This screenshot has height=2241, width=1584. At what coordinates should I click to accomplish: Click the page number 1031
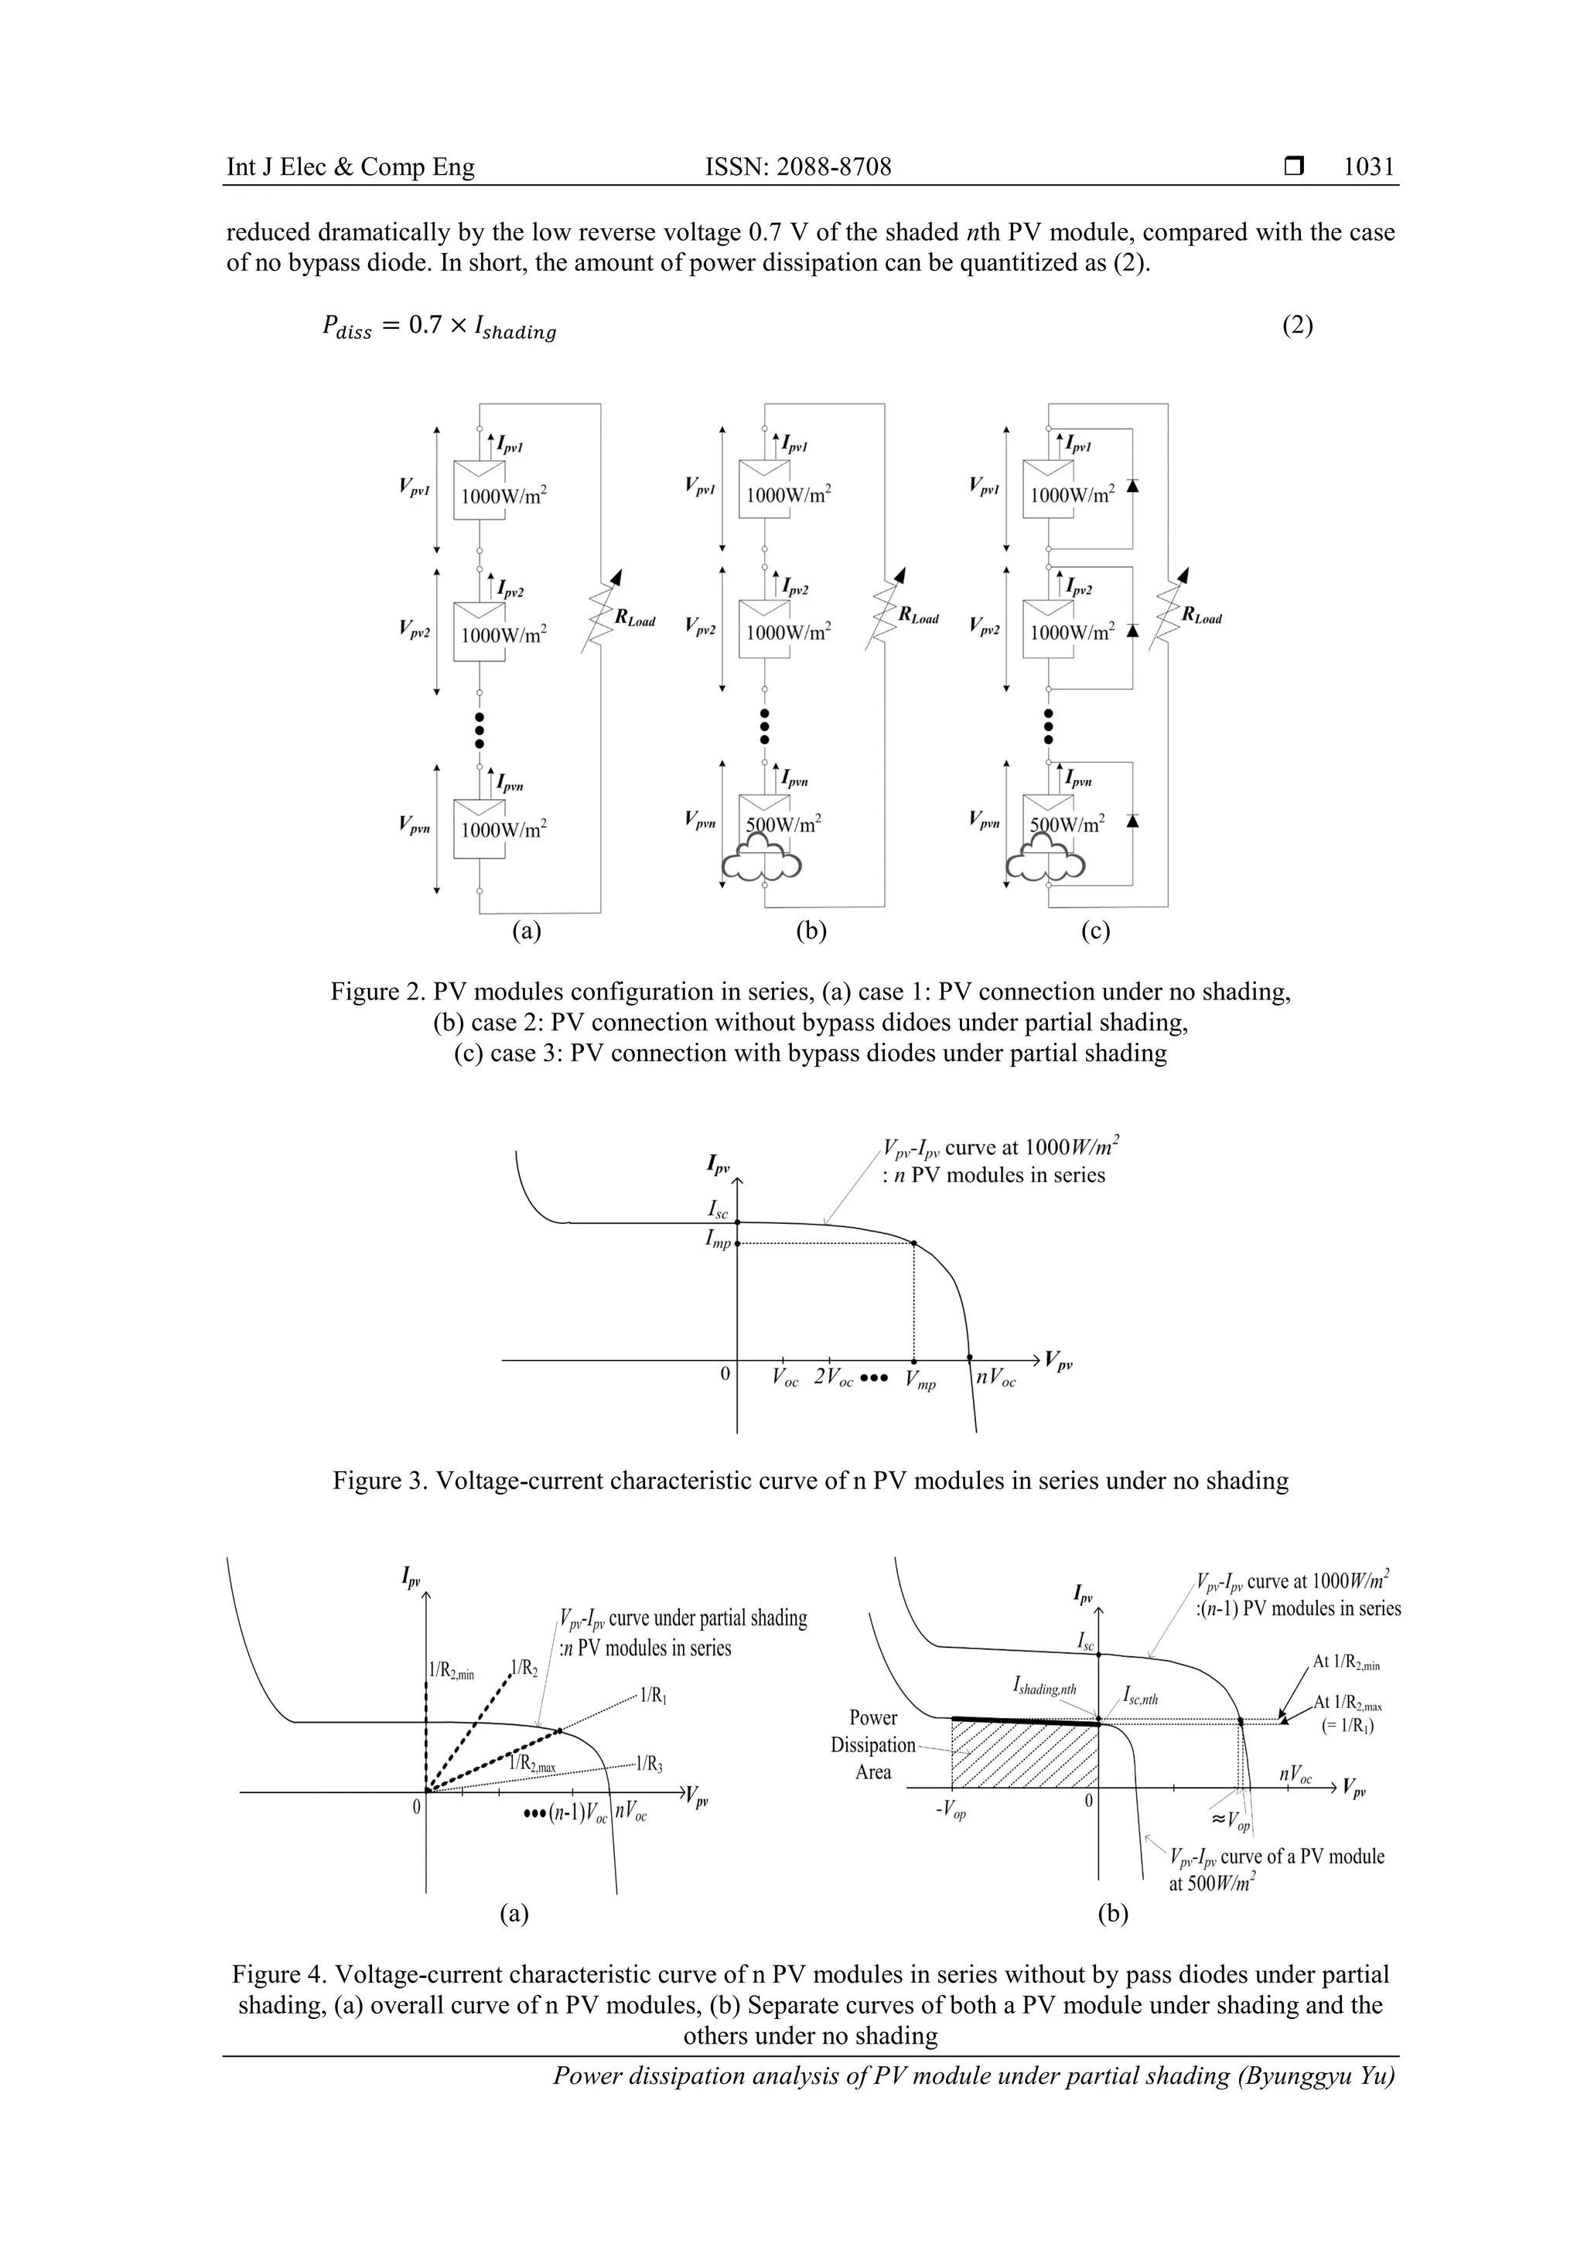pyautogui.click(x=1368, y=167)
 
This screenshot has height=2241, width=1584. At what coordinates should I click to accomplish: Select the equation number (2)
pyautogui.click(x=1297, y=326)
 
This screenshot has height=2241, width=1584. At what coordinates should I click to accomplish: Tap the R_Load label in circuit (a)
pyautogui.click(x=634, y=619)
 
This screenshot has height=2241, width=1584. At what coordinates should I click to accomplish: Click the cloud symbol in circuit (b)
pyautogui.click(x=763, y=861)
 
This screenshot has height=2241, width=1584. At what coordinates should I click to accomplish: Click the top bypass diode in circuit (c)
pyautogui.click(x=1132, y=485)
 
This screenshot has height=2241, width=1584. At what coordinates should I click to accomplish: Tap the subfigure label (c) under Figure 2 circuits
pyautogui.click(x=1095, y=931)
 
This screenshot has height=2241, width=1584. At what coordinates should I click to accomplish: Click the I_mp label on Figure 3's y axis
pyautogui.click(x=719, y=1242)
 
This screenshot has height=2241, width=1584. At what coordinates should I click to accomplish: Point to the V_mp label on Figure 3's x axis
pyautogui.click(x=920, y=1381)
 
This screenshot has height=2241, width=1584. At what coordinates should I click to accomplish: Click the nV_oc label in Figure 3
pyautogui.click(x=995, y=1380)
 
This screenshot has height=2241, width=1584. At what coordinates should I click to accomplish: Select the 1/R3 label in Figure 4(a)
pyautogui.click(x=649, y=1764)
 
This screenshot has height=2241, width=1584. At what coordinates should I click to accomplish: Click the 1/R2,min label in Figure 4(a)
pyautogui.click(x=451, y=1670)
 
